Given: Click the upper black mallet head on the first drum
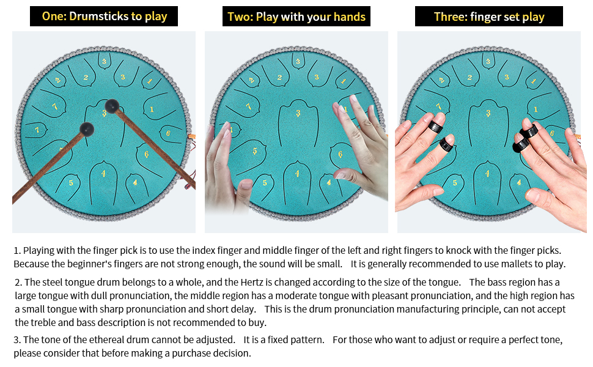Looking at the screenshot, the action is pos(112,106).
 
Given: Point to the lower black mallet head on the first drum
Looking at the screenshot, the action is pos(87,130).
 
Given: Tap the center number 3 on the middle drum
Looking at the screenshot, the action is pos(298,113).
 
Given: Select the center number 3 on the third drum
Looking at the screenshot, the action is pos(488,113).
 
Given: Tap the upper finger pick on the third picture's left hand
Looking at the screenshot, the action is pos(435,127).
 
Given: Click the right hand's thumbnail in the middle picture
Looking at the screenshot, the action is pos(340,175).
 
